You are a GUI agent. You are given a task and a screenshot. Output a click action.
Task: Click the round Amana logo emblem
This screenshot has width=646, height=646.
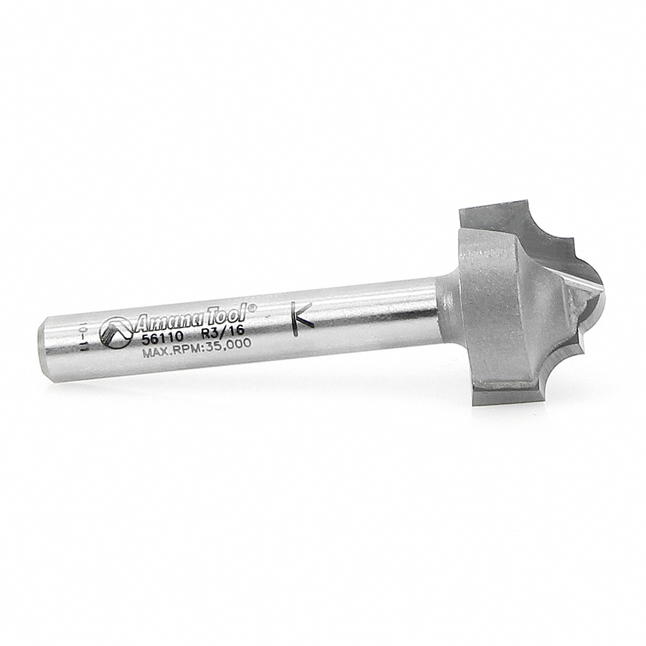point(116,332)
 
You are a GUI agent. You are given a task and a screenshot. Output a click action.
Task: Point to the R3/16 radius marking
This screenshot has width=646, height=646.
point(222,332)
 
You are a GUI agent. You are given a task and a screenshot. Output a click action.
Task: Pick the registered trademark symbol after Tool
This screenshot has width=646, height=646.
point(253,307)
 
